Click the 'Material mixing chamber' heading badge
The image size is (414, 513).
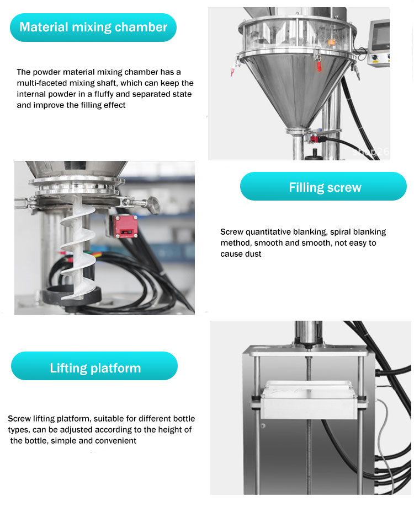click(93, 28)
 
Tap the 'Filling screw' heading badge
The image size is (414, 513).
click(323, 186)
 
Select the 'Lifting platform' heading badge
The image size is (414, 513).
click(94, 366)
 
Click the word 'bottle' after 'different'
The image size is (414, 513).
click(184, 419)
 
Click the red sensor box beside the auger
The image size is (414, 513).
click(125, 226)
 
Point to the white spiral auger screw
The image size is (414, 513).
click(78, 249)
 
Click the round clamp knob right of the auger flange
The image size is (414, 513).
click(152, 204)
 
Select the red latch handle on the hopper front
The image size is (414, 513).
click(319, 66)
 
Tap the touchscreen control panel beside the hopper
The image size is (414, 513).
click(379, 43)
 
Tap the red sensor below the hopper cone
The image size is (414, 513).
click(314, 139)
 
